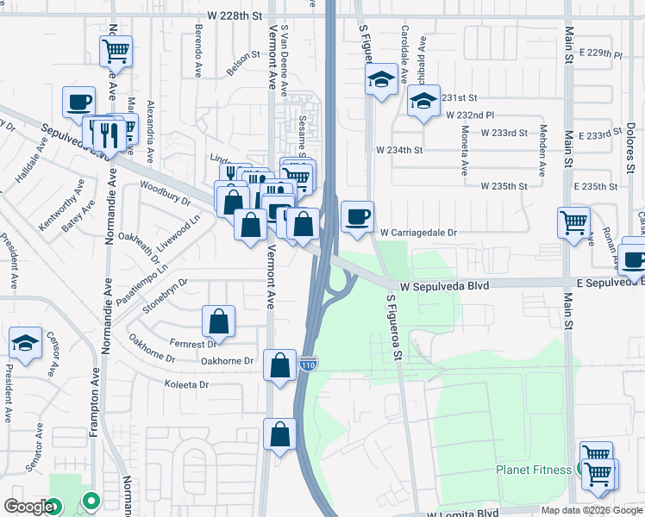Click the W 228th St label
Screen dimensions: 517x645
235,16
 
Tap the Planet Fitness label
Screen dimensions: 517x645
534,470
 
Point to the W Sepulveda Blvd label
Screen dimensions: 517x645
444,285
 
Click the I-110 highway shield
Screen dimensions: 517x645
309,364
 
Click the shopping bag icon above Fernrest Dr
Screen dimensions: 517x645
219,321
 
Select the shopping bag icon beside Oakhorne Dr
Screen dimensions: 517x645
280,365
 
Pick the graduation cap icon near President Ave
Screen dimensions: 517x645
26,343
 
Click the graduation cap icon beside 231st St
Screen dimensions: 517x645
423,101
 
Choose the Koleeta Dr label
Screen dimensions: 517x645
187,385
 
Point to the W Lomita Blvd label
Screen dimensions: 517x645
463,512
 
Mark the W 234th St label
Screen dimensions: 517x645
399,149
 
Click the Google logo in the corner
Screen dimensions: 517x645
28,506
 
